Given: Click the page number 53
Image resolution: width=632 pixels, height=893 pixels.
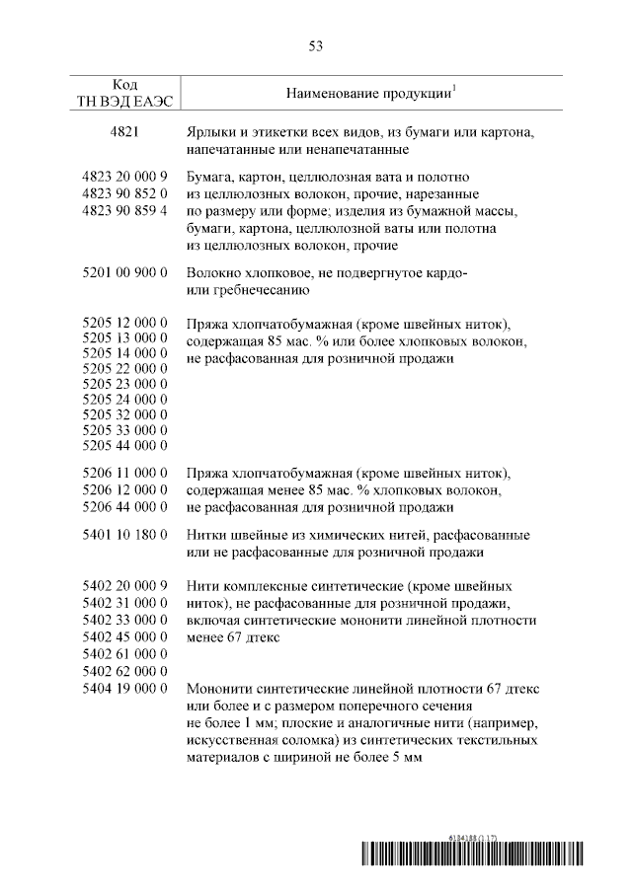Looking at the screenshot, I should pos(316,45).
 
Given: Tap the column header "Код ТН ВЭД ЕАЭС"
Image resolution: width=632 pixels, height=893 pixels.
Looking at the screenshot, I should pos(124,93).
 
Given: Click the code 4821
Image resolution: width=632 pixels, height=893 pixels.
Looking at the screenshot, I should pos(124,132).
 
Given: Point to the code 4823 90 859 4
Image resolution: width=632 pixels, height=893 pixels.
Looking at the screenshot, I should pos(124,210).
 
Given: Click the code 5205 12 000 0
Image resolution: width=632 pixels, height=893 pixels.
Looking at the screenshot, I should pos(124,323).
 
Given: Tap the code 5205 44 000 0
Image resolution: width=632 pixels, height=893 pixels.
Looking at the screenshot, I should pos(124,445).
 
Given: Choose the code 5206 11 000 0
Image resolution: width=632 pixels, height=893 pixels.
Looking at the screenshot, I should pos(124,473).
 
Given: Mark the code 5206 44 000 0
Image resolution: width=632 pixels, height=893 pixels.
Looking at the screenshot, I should pos(124,507).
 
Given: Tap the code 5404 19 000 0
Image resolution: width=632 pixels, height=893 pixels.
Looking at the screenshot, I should pos(124,688).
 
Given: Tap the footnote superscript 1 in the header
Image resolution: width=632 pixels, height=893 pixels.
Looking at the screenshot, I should pos(453,88).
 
